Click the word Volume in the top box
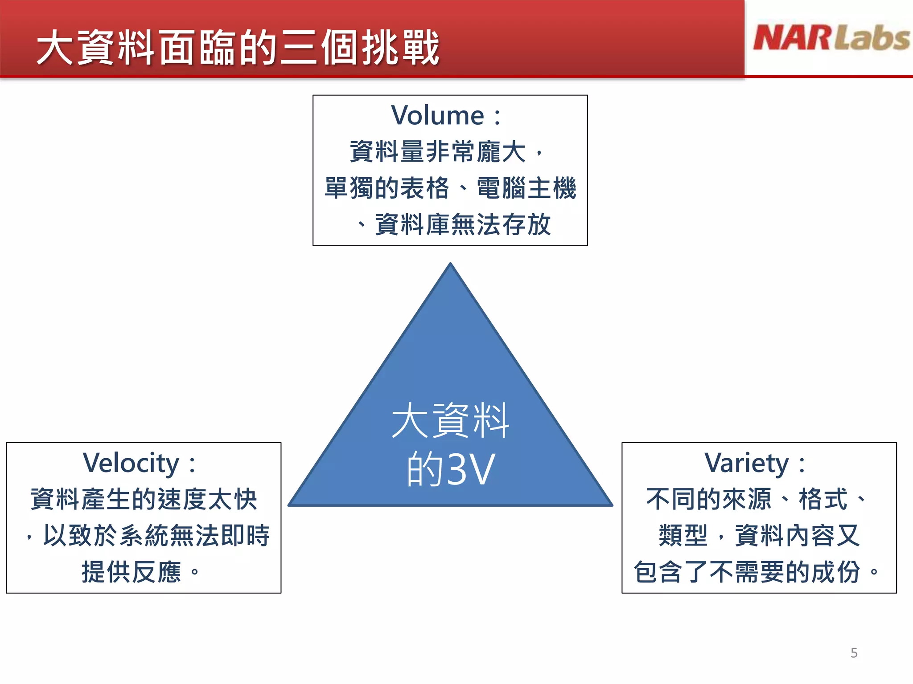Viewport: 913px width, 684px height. [x=437, y=116]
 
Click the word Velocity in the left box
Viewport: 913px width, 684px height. [x=131, y=463]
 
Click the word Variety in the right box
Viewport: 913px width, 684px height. [x=746, y=463]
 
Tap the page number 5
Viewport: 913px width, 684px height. [x=854, y=653]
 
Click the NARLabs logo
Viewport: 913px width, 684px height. [x=831, y=38]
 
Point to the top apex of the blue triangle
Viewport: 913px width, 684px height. [x=450, y=265]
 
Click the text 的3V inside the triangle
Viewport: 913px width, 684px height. [x=450, y=469]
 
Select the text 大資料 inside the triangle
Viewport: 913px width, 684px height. [x=450, y=421]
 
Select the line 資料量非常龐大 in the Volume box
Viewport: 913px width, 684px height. [x=438, y=151]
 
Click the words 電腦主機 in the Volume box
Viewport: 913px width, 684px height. [x=526, y=188]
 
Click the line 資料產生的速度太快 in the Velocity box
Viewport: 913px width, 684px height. [x=144, y=499]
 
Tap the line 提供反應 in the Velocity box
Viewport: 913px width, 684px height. [x=131, y=572]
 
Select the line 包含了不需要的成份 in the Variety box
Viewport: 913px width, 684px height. [x=746, y=572]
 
